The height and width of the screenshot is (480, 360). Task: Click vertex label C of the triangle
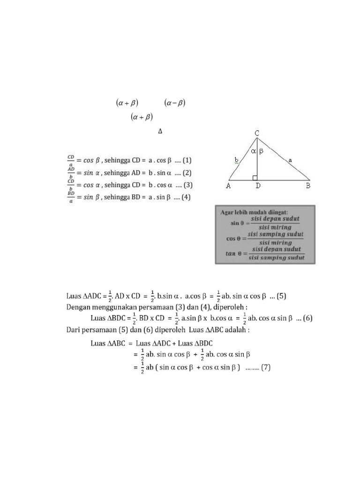257,134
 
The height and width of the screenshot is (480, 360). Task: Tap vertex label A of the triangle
229,186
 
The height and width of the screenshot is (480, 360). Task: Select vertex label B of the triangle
308,186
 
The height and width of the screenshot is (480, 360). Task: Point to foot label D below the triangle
258,186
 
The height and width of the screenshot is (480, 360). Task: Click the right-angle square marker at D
255,177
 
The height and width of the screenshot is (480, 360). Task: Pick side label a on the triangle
290,160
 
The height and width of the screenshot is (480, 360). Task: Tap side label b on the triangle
237,160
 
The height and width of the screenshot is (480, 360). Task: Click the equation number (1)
186,160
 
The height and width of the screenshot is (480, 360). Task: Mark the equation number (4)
187,197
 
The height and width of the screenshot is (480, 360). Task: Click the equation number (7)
266,367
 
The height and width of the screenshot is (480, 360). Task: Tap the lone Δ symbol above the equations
160,132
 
